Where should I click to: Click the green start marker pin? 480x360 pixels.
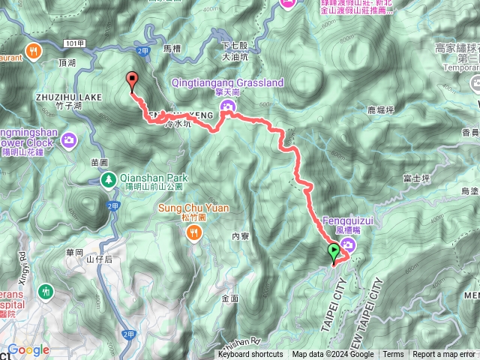pyautogui.click(x=333, y=253)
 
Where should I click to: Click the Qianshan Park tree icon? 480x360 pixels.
pyautogui.click(x=109, y=179)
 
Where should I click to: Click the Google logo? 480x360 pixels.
pyautogui.click(x=28, y=349)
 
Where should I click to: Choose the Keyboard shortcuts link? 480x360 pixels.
pyautogui.click(x=250, y=355)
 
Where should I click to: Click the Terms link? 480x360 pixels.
pyautogui.click(x=393, y=355)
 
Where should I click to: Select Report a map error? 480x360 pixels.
pyautogui.click(x=445, y=355)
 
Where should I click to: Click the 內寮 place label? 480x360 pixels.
pyautogui.click(x=240, y=235)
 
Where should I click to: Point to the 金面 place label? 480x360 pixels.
pyautogui.click(x=230, y=298)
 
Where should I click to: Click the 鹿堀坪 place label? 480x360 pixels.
pyautogui.click(x=381, y=109)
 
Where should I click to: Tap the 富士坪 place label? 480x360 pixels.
pyautogui.click(x=415, y=178)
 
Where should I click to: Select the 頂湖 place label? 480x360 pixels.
pyautogui.click(x=66, y=64)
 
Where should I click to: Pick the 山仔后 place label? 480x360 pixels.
pyautogui.click(x=99, y=259)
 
